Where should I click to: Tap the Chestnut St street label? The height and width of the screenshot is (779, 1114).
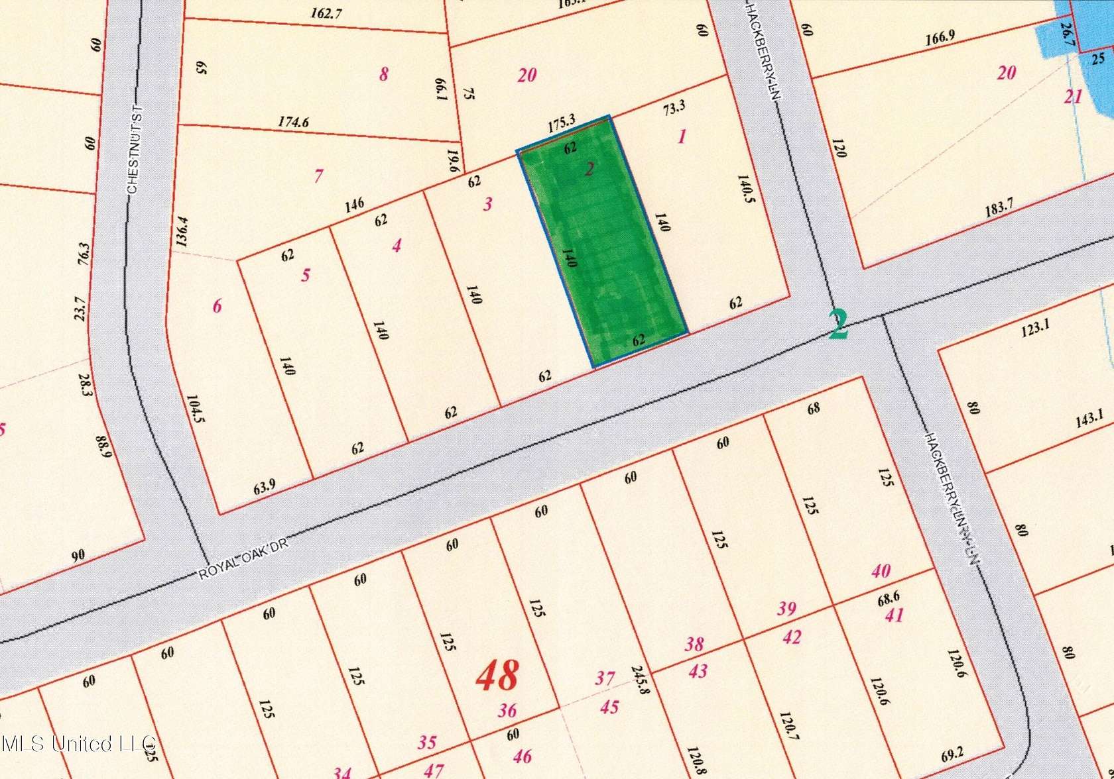[135, 150]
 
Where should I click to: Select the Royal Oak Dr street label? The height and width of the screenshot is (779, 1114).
[244, 558]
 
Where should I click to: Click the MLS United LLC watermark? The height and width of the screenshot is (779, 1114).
[78, 743]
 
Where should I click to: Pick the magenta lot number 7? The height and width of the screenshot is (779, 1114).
[319, 176]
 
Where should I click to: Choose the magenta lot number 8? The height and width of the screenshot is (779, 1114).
[383, 74]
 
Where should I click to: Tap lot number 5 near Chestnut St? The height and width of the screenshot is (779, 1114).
[306, 275]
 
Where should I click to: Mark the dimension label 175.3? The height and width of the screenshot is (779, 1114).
[562, 122]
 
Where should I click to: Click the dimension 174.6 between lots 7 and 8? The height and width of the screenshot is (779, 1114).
[293, 122]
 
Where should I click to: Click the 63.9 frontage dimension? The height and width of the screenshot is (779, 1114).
[265, 488]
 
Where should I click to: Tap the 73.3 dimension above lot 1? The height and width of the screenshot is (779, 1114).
[674, 107]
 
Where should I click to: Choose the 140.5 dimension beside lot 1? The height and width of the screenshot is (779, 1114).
[747, 188]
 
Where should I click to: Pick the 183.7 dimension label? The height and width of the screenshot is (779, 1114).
[999, 208]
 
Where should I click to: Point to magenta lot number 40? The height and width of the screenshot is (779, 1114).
[881, 571]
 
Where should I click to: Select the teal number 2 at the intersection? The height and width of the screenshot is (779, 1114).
[839, 325]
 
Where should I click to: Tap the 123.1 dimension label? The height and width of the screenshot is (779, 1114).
[1034, 327]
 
